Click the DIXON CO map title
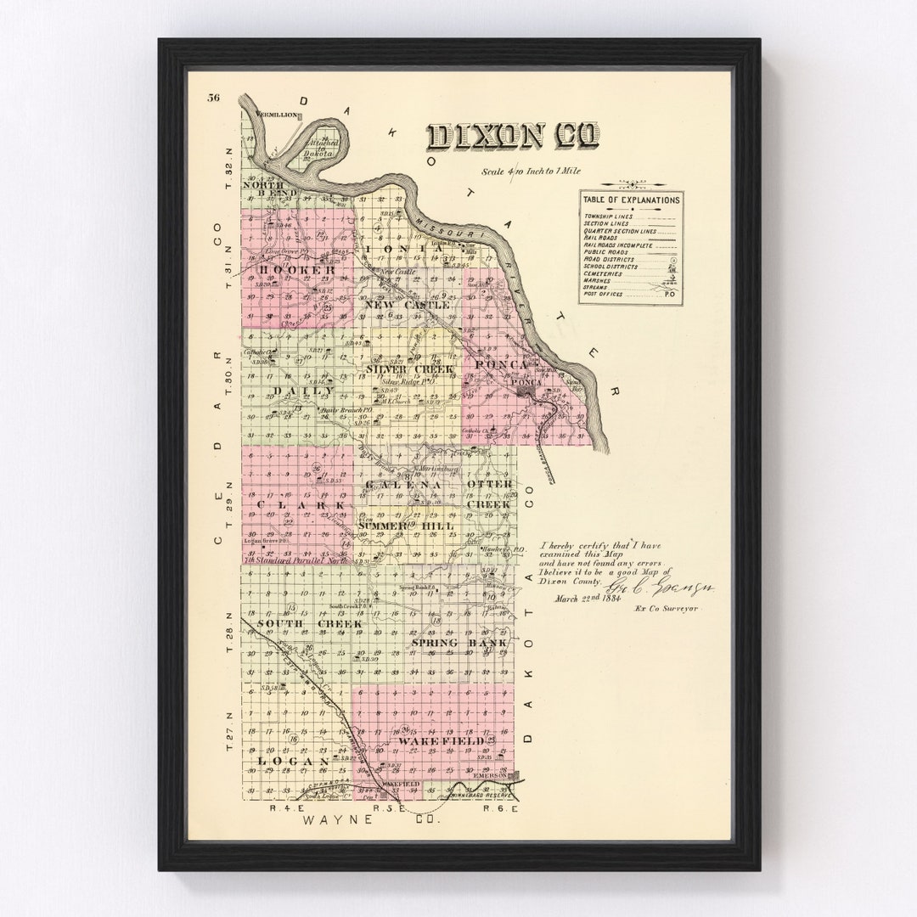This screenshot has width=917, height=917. pyautogui.click(x=513, y=136)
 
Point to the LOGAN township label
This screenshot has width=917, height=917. pyautogui.click(x=281, y=762)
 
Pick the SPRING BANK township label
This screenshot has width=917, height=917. pyautogui.click(x=458, y=643)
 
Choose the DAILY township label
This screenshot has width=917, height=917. pyautogui.click(x=298, y=391)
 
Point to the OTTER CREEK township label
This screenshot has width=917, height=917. pyautogui.click(x=490, y=494)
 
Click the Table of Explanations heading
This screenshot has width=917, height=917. pyautogui.click(x=630, y=200)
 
